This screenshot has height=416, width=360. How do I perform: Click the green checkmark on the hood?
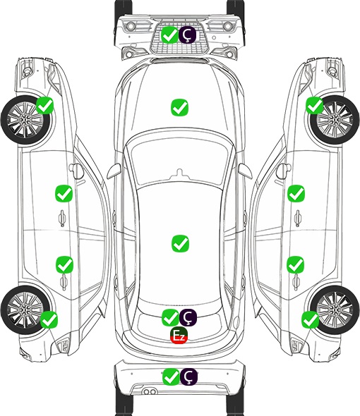179,107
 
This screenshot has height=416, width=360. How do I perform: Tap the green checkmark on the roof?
180,243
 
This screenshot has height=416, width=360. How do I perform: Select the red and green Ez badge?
179,336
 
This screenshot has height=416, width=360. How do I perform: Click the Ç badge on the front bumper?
187,35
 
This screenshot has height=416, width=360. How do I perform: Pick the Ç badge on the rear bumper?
188,377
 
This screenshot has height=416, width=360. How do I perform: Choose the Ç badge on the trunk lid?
188,317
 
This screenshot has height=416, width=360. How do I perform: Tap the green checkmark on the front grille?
169,35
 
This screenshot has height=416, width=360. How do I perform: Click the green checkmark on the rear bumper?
171,377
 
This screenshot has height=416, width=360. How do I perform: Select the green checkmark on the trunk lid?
170,317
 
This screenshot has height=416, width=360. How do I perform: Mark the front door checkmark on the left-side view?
64,193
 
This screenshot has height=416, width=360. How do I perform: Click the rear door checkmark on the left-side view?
64,264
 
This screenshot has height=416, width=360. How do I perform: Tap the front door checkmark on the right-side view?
296,193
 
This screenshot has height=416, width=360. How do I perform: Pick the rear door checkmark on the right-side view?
295,264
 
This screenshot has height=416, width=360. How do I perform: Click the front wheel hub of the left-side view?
25,120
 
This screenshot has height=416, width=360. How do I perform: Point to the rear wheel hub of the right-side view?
335,310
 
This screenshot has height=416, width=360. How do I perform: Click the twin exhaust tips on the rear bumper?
150,391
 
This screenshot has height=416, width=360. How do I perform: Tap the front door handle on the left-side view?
62,219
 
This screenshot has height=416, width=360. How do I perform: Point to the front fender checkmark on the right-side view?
315,105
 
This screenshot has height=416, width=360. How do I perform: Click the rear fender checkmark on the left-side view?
49,319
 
